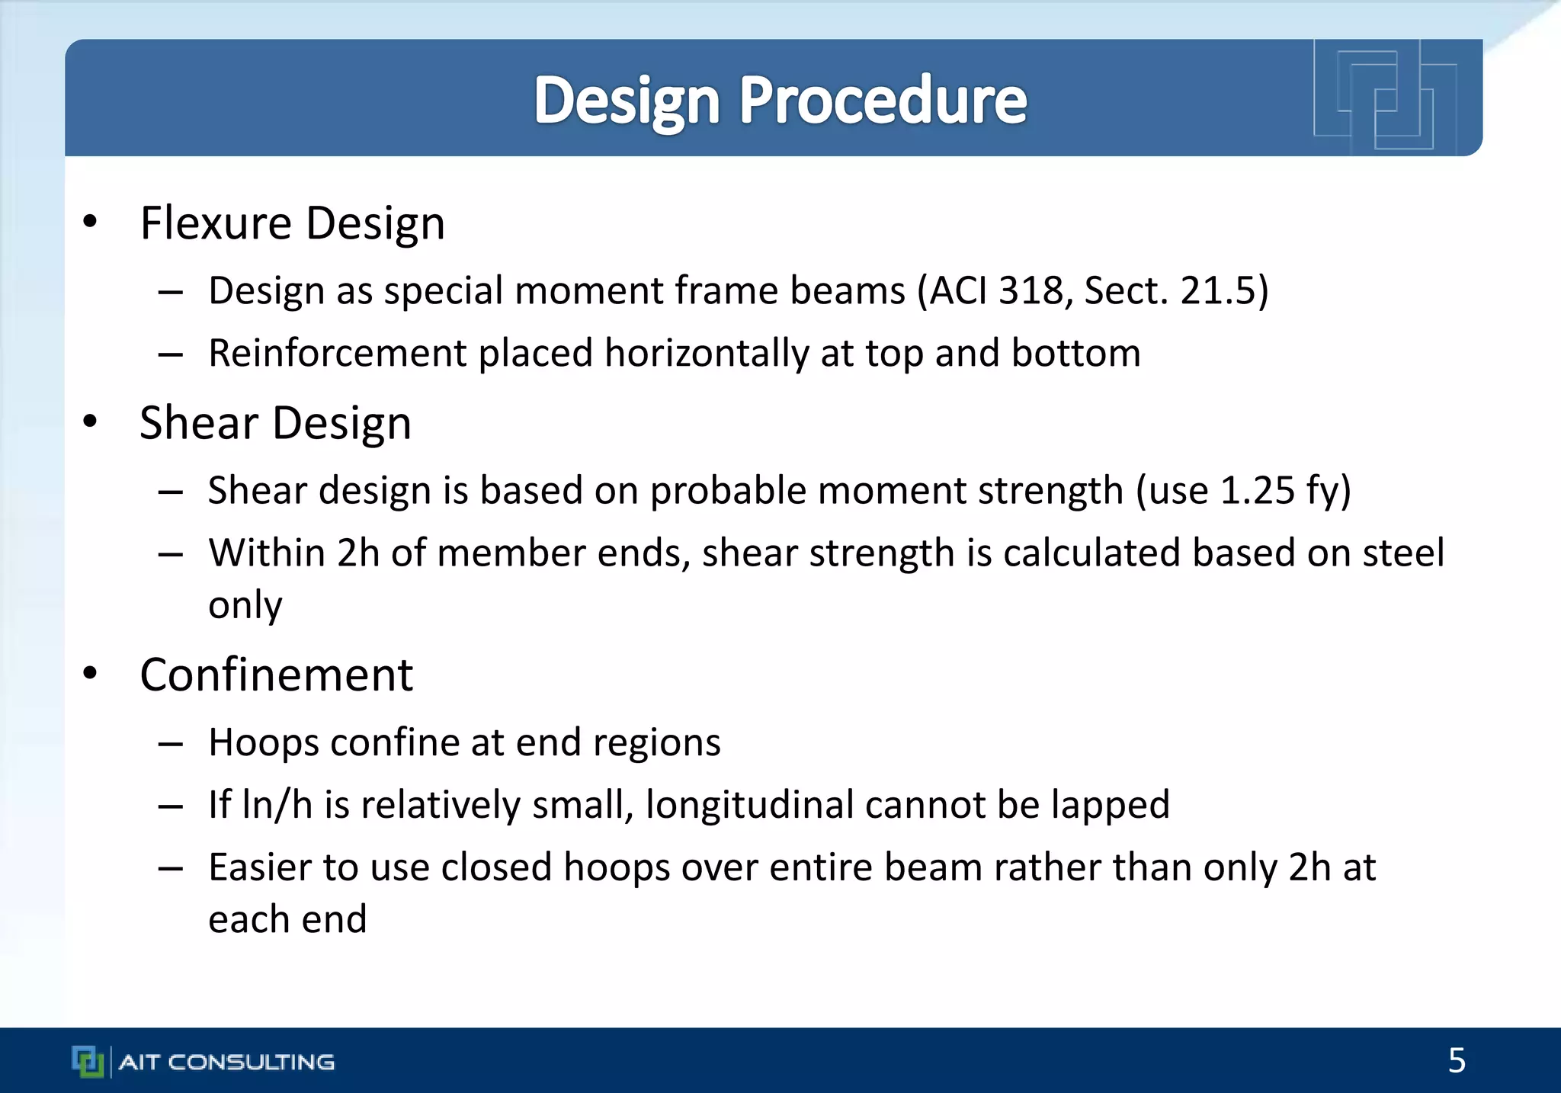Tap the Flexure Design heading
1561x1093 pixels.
[292, 223]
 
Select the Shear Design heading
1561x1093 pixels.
[275, 423]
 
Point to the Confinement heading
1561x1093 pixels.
[276, 675]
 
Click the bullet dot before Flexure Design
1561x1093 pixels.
[91, 222]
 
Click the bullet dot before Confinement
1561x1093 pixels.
[91, 674]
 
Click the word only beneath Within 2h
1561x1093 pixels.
[245, 605]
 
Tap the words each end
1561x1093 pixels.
[287, 919]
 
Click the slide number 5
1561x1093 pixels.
[1457, 1060]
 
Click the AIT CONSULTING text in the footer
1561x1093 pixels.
[226, 1062]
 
